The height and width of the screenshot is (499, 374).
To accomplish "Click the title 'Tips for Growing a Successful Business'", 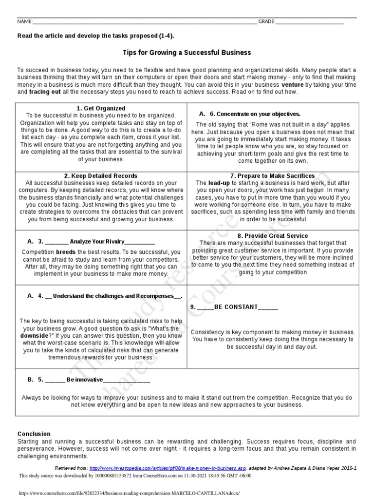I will point(187,53).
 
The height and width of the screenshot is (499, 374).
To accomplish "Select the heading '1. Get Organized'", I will point(101,108).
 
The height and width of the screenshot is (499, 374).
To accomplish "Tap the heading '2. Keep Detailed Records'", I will point(101,176).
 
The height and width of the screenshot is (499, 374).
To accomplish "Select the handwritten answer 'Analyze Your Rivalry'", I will point(97,241).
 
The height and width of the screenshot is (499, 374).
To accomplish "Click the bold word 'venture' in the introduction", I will point(289,84).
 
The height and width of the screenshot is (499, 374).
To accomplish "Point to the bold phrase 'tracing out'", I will point(45,92).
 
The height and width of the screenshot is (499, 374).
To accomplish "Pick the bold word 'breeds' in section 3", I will point(66,252).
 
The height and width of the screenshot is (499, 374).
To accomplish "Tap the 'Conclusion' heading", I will point(34,434).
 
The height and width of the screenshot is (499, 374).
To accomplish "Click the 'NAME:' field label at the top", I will point(25,22).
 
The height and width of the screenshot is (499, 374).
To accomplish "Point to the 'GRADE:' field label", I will point(267,22).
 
